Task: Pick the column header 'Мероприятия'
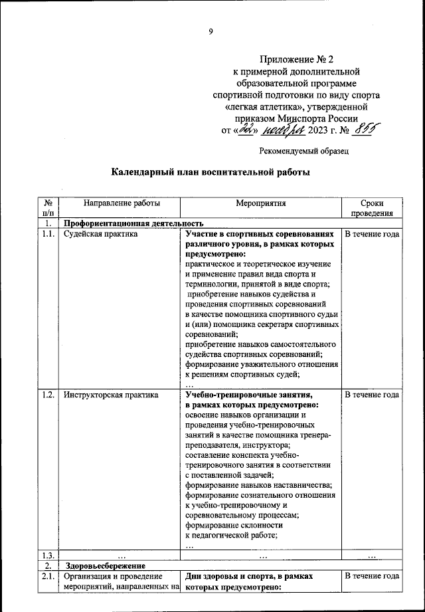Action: coord(260,204)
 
